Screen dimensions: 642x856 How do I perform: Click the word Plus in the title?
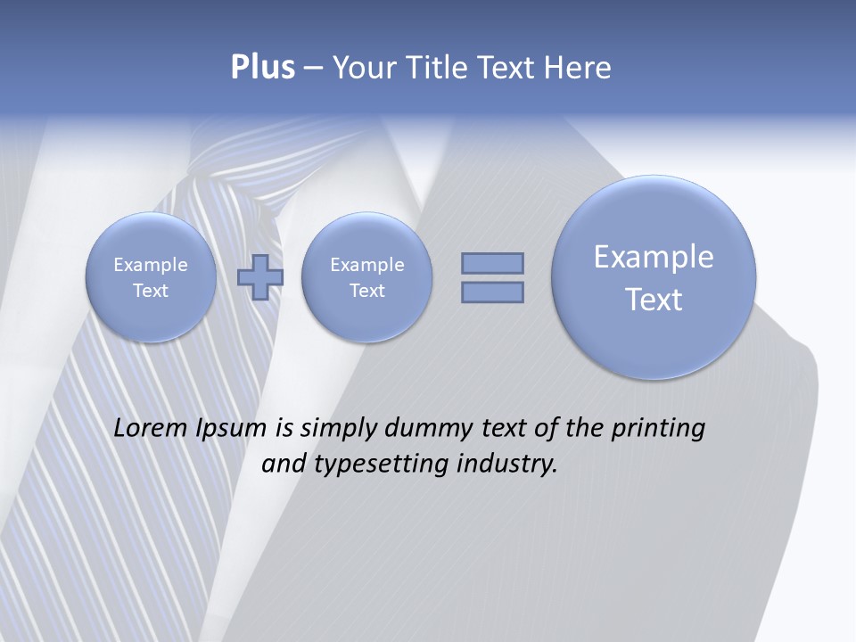(x=262, y=68)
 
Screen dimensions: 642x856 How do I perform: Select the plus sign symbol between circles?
(x=260, y=276)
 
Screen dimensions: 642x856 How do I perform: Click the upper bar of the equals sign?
(x=492, y=263)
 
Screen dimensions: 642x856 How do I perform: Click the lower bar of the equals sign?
(x=492, y=292)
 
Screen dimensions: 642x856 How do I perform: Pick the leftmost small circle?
(x=151, y=277)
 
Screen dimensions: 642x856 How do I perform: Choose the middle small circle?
(x=366, y=277)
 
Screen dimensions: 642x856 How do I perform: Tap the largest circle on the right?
(x=654, y=277)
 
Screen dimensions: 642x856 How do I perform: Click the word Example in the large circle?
(x=654, y=257)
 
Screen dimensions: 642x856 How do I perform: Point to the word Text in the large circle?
(x=654, y=300)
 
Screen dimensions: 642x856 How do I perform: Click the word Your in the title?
(x=364, y=68)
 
